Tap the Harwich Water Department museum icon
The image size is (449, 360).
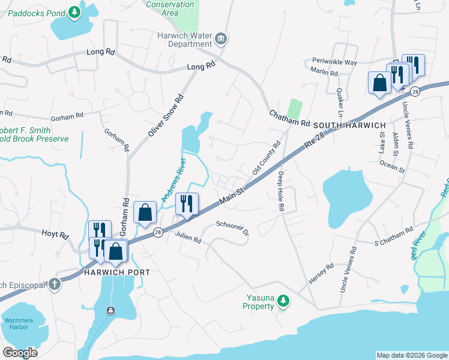pos(221,40)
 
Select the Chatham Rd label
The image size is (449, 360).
pos(289,118)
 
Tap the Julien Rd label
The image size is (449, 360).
pos(188,238)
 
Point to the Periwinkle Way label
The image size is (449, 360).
pos(334,62)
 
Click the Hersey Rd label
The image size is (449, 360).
pos(321,274)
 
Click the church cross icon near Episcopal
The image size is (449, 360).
pos(55,284)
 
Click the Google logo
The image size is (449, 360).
pos(20,352)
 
